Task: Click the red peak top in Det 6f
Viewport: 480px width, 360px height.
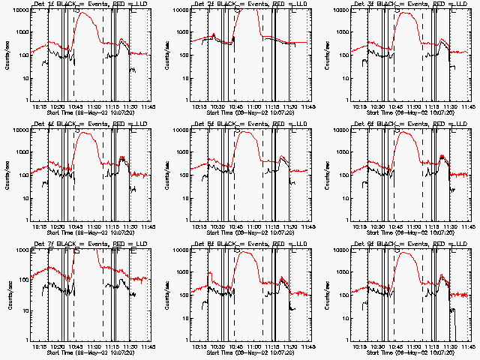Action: click(x=406, y=133)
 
